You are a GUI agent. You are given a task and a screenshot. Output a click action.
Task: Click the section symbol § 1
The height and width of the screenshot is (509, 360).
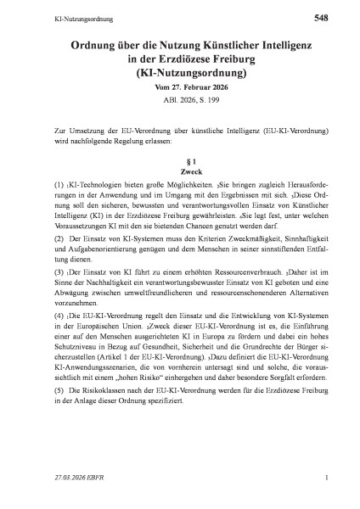pos(180,160)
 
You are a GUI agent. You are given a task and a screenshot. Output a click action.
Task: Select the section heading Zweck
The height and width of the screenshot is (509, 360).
pos(180,172)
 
